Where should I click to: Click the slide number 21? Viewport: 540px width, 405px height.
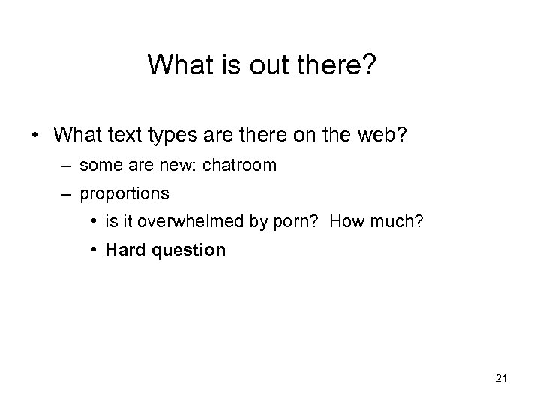[x=502, y=379]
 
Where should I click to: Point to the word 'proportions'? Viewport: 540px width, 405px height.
[x=124, y=193]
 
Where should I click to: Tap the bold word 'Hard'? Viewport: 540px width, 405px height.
[x=126, y=250]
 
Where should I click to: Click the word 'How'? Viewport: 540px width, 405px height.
[x=345, y=222]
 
